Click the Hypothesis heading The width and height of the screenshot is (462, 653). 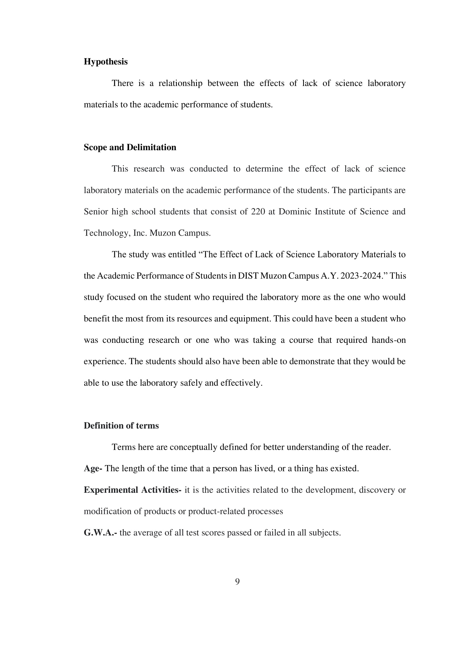click(106, 62)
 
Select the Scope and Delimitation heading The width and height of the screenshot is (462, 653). click(130, 147)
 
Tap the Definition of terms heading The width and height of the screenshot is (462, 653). click(121, 425)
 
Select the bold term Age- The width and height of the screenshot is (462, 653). click(93, 468)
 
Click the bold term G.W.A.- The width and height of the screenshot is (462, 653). click(100, 533)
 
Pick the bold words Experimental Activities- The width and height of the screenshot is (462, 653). click(132, 490)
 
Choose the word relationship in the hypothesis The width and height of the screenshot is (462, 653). click(180, 83)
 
